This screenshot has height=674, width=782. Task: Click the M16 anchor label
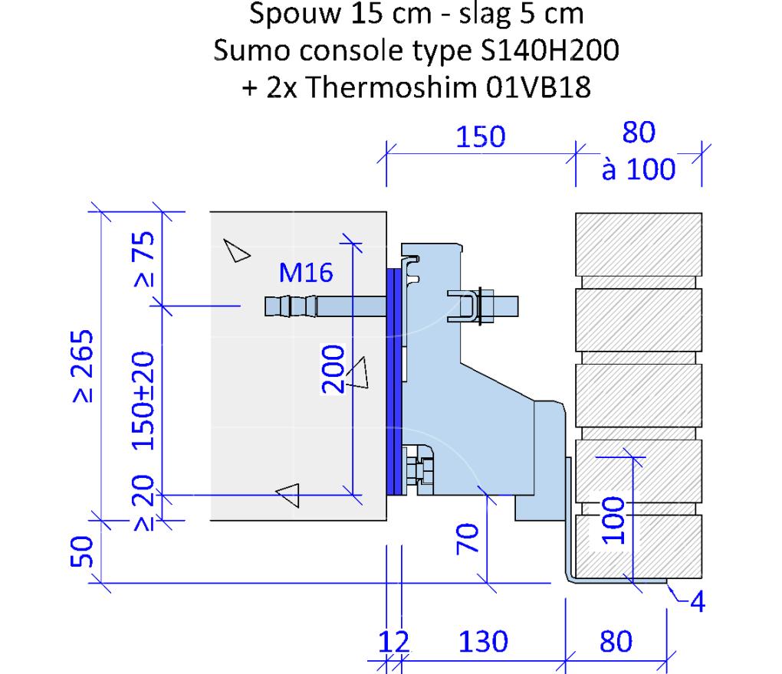point(306,273)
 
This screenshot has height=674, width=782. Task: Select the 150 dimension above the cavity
point(481,136)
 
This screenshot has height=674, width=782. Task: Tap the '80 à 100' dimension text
point(639,151)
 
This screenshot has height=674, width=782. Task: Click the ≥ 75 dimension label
point(144,259)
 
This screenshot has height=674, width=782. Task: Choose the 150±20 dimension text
point(143,401)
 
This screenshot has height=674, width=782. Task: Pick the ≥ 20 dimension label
point(144,502)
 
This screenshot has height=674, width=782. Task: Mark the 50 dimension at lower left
point(82,552)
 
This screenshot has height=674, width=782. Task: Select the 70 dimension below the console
point(468,538)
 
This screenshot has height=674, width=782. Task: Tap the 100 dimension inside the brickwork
point(613,520)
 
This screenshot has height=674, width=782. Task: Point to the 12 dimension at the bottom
point(393,641)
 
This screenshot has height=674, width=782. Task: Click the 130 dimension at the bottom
point(483,641)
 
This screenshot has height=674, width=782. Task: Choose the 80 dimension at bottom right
point(616,641)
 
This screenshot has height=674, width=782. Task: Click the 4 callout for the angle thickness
point(698,602)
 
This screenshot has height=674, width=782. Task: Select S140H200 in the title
point(550,51)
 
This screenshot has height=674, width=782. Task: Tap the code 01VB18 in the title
point(538,87)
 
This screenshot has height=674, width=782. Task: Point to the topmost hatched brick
point(639,244)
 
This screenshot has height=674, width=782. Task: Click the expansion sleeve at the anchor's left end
point(291,306)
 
